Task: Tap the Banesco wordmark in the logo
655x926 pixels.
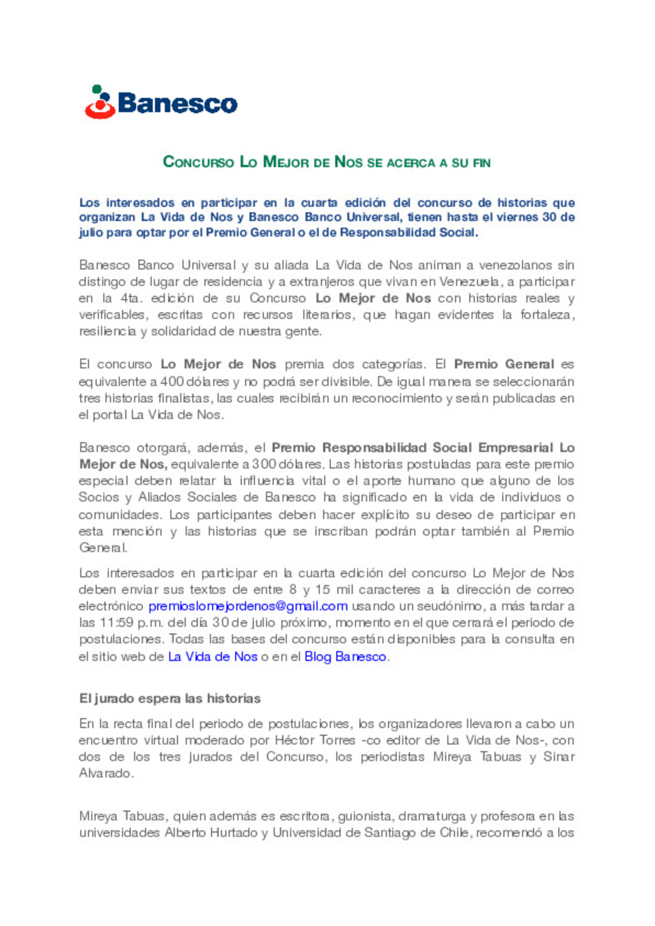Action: tap(177, 104)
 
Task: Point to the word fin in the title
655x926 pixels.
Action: tap(482, 163)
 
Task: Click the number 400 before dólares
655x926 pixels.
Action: tap(172, 382)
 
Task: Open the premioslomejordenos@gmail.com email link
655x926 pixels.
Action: tap(248, 606)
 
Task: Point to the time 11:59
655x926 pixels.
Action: tap(116, 623)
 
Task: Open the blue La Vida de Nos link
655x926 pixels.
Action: tap(212, 657)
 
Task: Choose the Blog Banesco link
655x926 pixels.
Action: tap(345, 657)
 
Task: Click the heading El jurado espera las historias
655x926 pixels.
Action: tap(170, 698)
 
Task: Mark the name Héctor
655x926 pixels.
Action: tap(294, 740)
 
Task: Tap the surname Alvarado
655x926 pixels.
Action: tap(105, 773)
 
